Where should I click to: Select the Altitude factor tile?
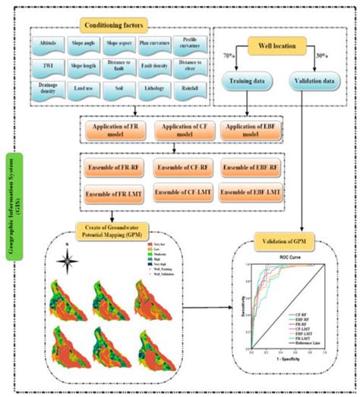click(47, 44)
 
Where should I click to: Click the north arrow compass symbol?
click(68, 266)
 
